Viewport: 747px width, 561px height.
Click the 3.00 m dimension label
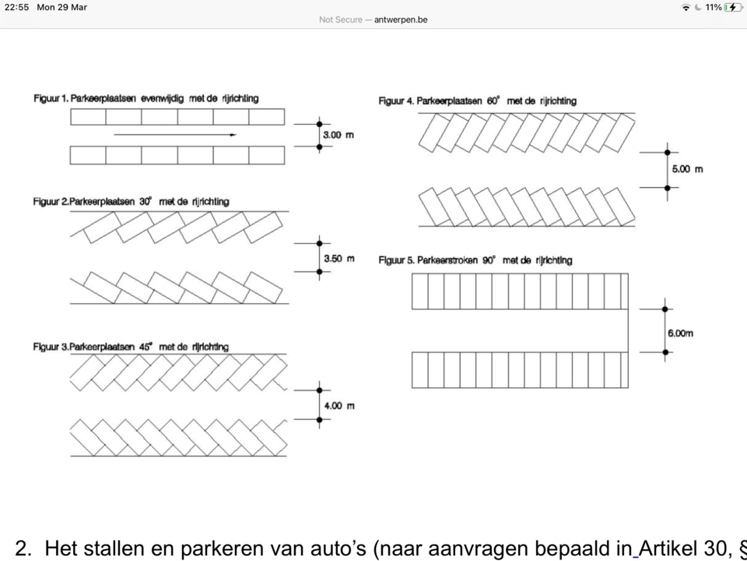pos(338,136)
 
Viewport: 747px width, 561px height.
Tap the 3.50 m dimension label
pos(338,258)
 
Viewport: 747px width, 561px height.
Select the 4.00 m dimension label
pos(339,406)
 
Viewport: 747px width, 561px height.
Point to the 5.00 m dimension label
pos(687,169)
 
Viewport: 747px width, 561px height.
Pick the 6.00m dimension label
pos(679,333)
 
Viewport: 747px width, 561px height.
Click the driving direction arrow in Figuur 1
pos(175,135)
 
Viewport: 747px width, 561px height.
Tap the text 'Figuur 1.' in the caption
pos(51,99)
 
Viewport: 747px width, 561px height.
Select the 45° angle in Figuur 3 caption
pos(146,347)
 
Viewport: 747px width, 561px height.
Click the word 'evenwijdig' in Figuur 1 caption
pos(163,99)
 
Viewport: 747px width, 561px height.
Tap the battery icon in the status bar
pos(733,7)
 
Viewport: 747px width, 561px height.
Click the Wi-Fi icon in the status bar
pos(686,7)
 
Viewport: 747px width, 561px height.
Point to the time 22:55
pos(16,7)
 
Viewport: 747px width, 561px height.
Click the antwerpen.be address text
pos(400,19)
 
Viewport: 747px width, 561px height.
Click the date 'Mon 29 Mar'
pos(62,7)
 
